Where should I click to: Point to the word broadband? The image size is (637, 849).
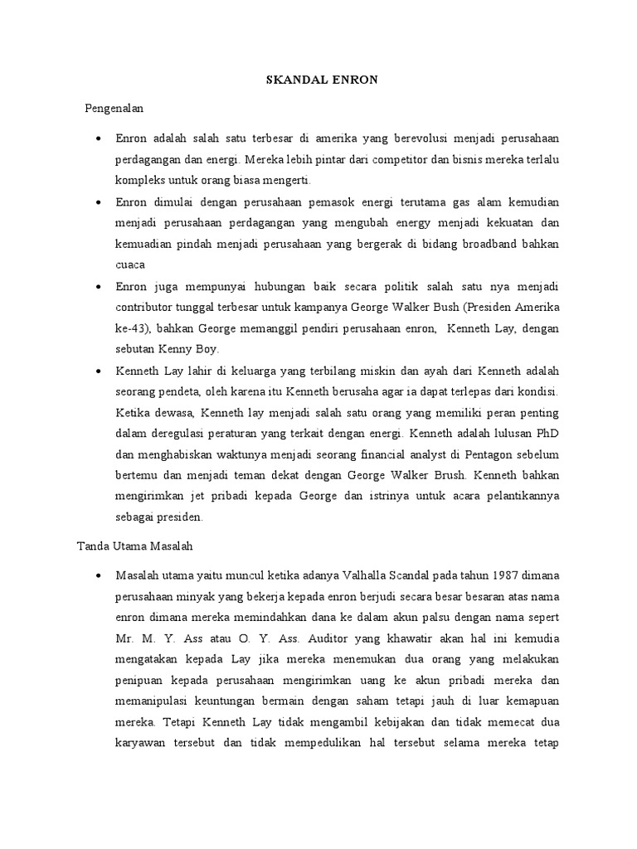(x=497, y=245)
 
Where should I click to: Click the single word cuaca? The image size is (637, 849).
(x=130, y=265)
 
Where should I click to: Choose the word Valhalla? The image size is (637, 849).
(x=366, y=575)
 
